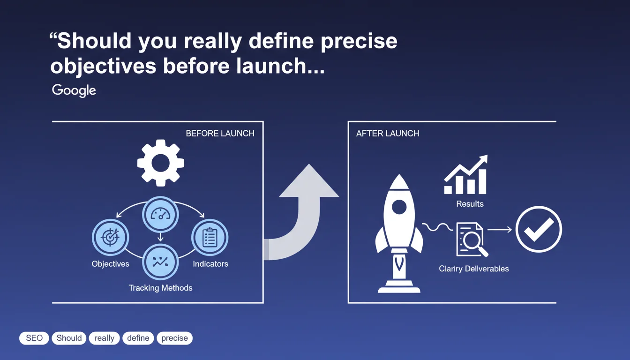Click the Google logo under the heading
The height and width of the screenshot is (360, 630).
pyautogui.click(x=74, y=90)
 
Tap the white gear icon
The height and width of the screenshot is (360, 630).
pyautogui.click(x=161, y=163)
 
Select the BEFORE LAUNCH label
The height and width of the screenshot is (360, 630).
pyautogui.click(x=220, y=133)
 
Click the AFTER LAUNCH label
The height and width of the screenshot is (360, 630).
pyautogui.click(x=388, y=133)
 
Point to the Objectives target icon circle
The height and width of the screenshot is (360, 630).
pyautogui.click(x=110, y=237)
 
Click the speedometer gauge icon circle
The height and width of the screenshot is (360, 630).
pyautogui.click(x=160, y=214)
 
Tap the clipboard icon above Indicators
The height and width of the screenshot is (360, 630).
pyautogui.click(x=210, y=237)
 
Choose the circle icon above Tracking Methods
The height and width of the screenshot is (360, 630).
pyautogui.click(x=160, y=262)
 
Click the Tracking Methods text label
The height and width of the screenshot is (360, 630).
pyautogui.click(x=161, y=288)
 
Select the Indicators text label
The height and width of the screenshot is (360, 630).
pyautogui.click(x=210, y=264)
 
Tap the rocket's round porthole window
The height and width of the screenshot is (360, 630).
pyautogui.click(x=399, y=207)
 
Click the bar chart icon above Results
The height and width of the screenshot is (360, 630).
pyautogui.click(x=465, y=174)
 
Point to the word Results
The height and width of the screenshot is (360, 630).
pyautogui.click(x=470, y=203)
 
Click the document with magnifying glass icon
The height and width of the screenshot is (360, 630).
pyautogui.click(x=472, y=240)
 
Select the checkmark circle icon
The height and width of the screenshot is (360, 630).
pyautogui.click(x=539, y=229)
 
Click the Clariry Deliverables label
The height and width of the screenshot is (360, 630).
pyautogui.click(x=474, y=269)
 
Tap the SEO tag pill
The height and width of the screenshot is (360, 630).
pyautogui.click(x=34, y=338)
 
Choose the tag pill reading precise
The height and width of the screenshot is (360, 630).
pyautogui.click(x=174, y=338)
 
